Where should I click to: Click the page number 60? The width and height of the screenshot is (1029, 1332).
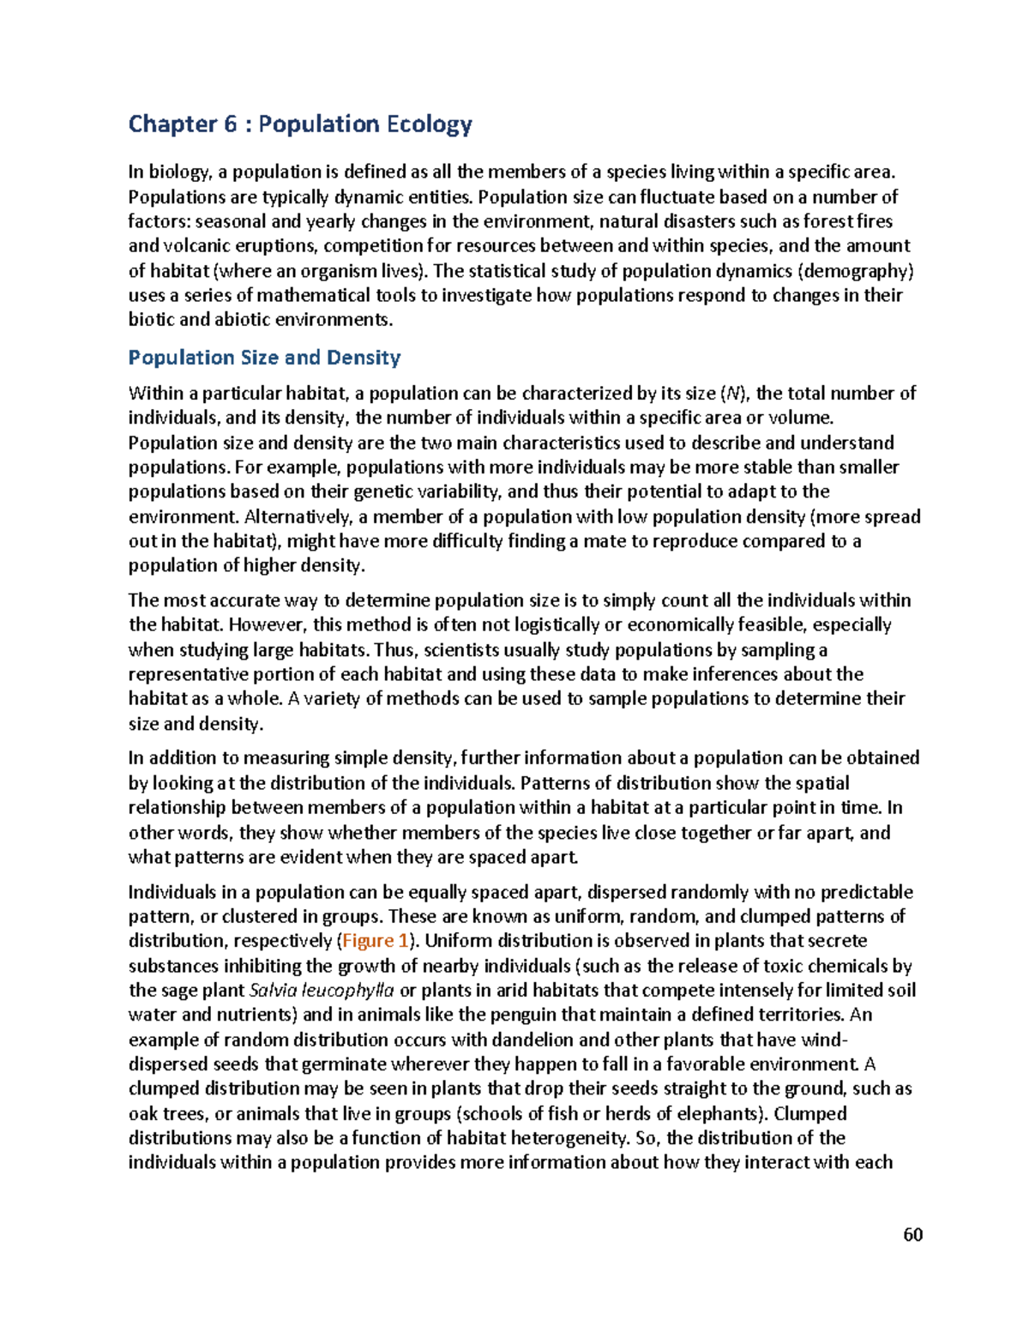tap(912, 1234)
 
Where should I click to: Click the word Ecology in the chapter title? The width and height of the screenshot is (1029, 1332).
tap(429, 125)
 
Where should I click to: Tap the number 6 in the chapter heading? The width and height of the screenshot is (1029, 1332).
tap(231, 125)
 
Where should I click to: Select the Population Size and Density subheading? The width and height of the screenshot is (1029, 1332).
tap(264, 358)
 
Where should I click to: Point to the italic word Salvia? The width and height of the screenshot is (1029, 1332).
tap(273, 991)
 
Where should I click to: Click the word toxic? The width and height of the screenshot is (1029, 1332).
tap(769, 966)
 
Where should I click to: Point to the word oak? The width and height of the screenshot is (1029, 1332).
tap(143, 1114)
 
